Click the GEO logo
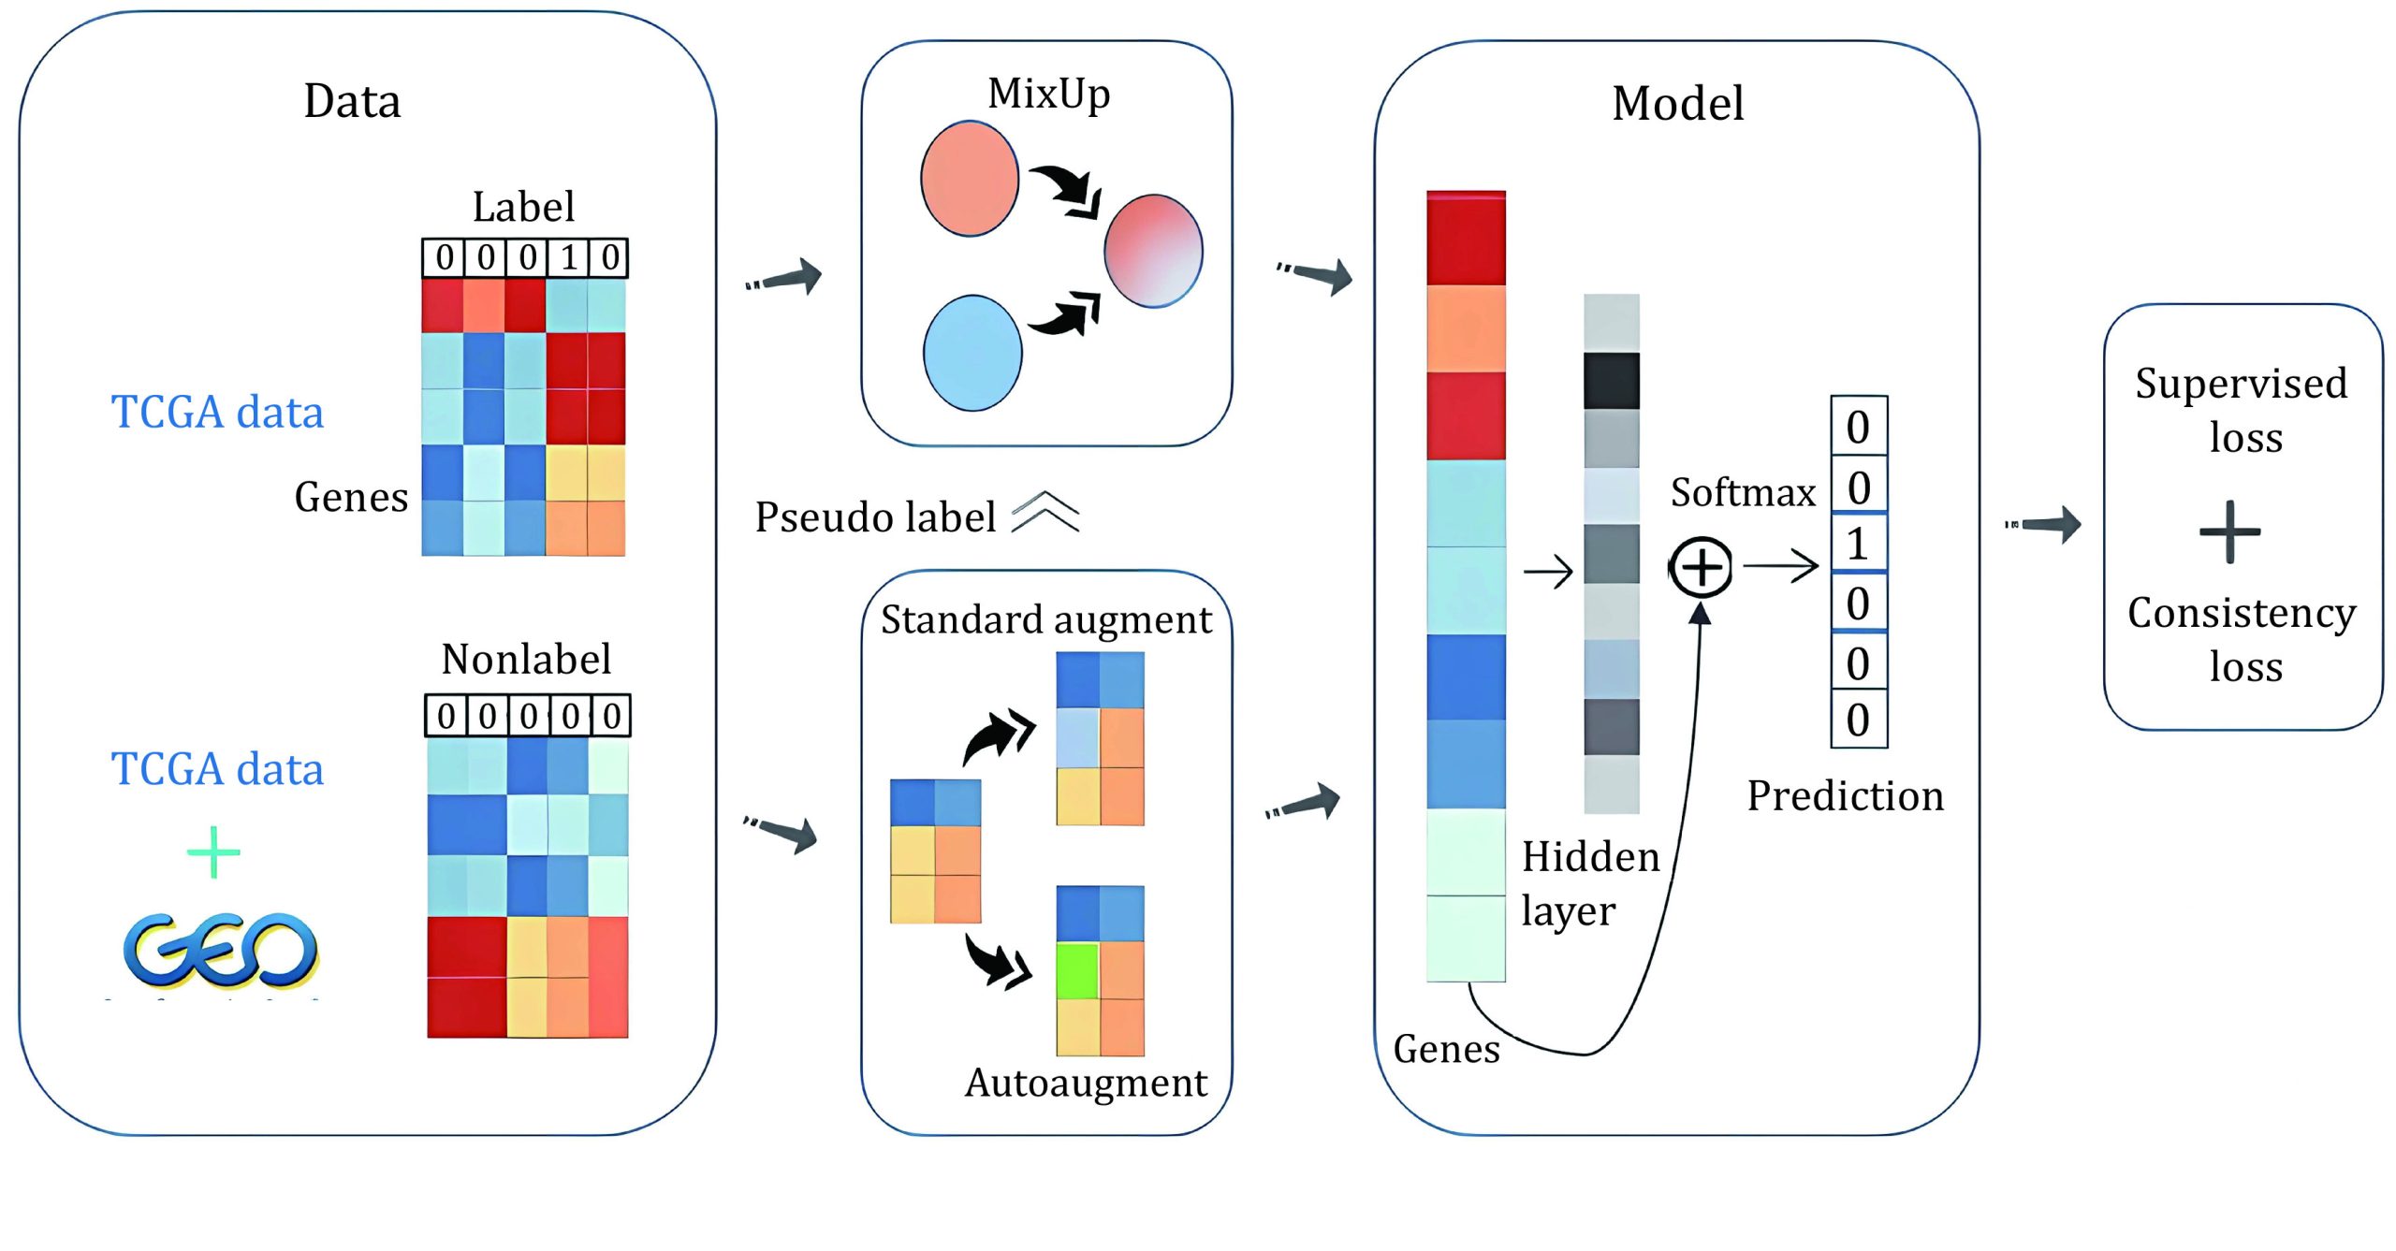click(x=221, y=950)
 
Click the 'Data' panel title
click(x=352, y=101)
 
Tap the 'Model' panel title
click(x=1677, y=103)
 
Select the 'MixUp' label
click(x=1048, y=94)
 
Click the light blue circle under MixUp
click(x=972, y=354)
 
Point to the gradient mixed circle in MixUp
click(x=1153, y=251)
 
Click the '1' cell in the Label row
click(x=568, y=257)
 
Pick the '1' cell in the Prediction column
click(x=1859, y=544)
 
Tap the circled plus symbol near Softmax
click(x=1702, y=567)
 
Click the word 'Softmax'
click(x=1743, y=492)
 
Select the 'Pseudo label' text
click(x=875, y=516)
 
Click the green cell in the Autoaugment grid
click(x=1077, y=971)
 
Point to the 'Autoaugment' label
click(x=1086, y=1083)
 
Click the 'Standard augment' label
click(x=1045, y=619)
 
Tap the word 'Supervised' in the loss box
click(x=2241, y=384)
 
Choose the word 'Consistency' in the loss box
click(x=2241, y=614)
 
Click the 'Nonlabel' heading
click(x=526, y=659)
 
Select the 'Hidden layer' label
click(x=1588, y=882)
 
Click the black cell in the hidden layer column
click(x=1611, y=381)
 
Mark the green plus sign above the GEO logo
click(x=213, y=851)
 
